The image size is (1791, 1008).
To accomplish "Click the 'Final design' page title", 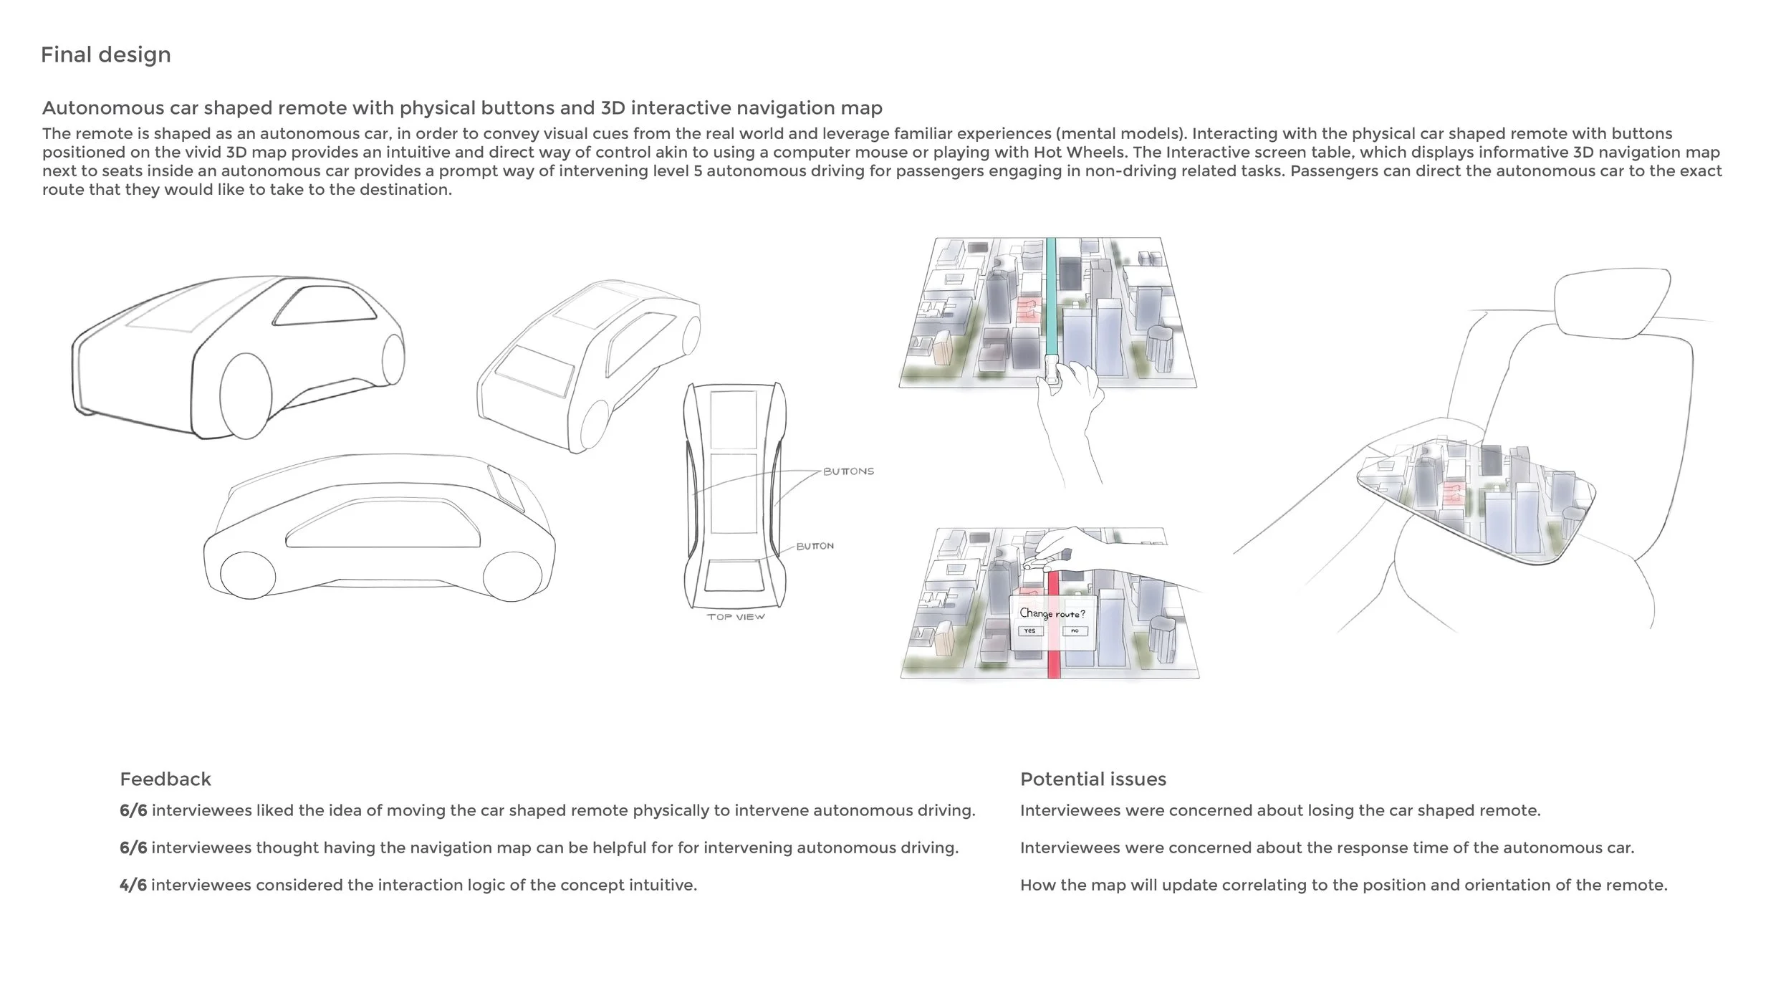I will (105, 54).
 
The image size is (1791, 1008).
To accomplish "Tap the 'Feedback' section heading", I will (165, 779).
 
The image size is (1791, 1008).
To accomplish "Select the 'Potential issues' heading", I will (1093, 779).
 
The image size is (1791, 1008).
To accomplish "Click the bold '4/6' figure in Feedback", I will (133, 885).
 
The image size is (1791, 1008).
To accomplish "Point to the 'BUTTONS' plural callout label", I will (848, 471).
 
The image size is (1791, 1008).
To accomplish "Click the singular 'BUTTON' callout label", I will (815, 547).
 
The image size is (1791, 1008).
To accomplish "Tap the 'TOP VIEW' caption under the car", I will (736, 617).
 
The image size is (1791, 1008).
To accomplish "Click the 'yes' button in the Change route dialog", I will (1029, 631).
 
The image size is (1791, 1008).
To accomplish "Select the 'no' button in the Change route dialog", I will (1075, 631).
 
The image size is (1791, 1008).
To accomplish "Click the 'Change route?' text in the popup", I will (1052, 614).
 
